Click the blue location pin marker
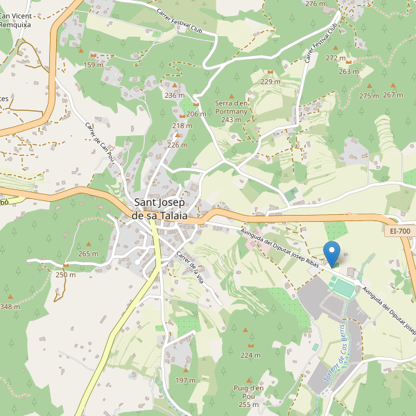(x=333, y=254)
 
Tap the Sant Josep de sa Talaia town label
(x=160, y=209)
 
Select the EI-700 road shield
(x=400, y=231)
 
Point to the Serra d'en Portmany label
(x=232, y=111)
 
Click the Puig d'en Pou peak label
(x=248, y=395)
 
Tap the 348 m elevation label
(x=10, y=306)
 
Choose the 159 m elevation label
(x=94, y=65)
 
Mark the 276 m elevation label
(x=315, y=4)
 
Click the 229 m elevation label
(x=270, y=82)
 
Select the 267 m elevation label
(x=392, y=95)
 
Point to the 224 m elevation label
(x=250, y=355)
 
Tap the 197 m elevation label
(x=185, y=381)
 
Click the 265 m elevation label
(x=89, y=254)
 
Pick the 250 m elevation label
(x=65, y=275)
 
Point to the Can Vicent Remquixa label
(x=16, y=19)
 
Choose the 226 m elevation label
(x=177, y=145)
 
